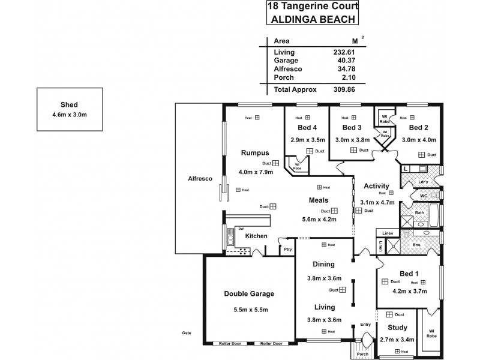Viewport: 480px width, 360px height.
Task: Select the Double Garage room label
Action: [249, 294]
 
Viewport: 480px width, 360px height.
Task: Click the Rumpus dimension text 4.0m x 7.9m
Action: [256, 172]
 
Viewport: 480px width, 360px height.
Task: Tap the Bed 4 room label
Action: [307, 128]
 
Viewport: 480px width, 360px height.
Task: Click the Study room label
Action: [397, 328]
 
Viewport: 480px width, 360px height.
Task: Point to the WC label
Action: [422, 196]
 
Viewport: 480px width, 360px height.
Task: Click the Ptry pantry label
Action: [288, 249]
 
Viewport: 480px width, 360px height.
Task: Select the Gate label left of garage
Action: [187, 332]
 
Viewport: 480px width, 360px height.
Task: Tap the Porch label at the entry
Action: [363, 353]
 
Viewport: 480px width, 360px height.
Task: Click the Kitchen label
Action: [256, 236]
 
